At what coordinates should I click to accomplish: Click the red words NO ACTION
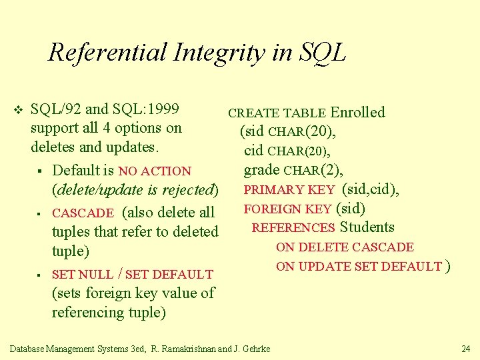tap(155, 171)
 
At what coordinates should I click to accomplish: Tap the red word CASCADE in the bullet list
tap(83, 213)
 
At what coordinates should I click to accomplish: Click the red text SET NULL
tap(82, 274)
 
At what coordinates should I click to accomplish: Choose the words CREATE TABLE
tap(277, 113)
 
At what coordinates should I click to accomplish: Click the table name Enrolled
tap(358, 112)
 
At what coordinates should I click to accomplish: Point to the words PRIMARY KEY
tap(289, 190)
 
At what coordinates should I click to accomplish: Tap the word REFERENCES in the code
tap(293, 228)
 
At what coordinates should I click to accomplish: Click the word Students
tap(367, 227)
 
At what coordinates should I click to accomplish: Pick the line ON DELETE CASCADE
tap(345, 247)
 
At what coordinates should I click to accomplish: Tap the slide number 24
tap(465, 349)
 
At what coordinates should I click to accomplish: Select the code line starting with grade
tap(293, 171)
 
